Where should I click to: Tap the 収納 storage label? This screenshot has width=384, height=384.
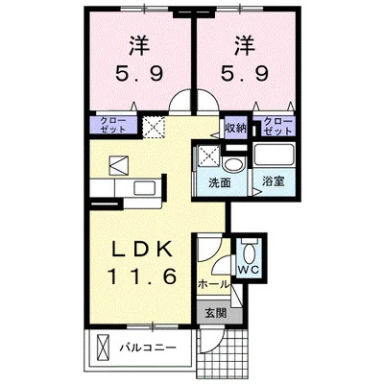(236, 125)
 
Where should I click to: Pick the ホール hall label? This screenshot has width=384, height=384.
(213, 286)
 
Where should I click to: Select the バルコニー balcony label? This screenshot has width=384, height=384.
(148, 347)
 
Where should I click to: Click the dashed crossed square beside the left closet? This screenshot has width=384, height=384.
(155, 126)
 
